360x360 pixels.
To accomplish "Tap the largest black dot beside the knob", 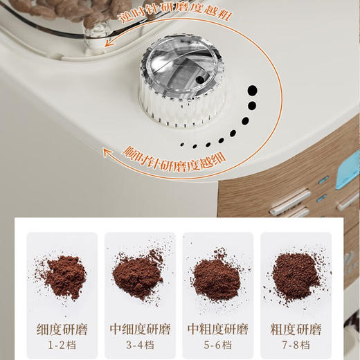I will pos(253,90).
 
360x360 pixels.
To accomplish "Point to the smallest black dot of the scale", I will pos(184,145).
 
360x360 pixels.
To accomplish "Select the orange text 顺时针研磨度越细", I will pos(168,152).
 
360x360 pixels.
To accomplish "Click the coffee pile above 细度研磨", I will pos(64,274).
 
